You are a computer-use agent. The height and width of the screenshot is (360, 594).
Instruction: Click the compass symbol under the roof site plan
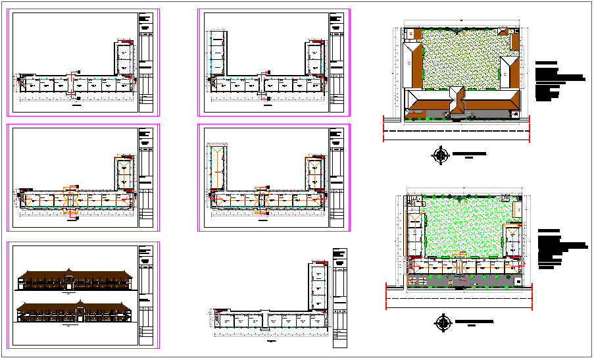pyautogui.click(x=440, y=155)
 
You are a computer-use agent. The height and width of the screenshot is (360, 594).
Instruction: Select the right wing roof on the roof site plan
pyautogui.click(x=510, y=72)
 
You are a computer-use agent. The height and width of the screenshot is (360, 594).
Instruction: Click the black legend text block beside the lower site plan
pyautogui.click(x=559, y=249)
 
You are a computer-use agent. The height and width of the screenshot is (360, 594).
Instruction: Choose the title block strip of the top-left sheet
pyautogui.click(x=146, y=62)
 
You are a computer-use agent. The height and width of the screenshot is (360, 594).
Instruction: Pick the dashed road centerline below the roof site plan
pyautogui.click(x=457, y=131)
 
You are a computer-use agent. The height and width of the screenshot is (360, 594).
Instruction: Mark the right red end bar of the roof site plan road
pyautogui.click(x=530, y=128)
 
